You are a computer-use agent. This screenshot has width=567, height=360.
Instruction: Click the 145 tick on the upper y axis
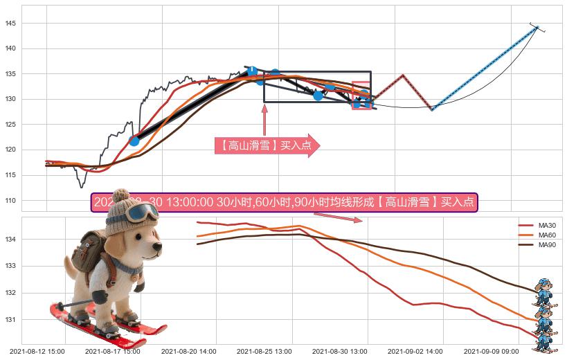pos(12,24)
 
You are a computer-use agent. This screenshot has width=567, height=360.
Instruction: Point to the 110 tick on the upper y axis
pos(12,200)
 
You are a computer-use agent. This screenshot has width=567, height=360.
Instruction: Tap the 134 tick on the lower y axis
pos(12,240)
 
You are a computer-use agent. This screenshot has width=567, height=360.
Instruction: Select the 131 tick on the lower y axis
pos(12,320)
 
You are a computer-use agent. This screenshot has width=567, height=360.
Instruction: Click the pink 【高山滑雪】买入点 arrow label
pos(267,145)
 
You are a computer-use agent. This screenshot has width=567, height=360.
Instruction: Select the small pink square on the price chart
pos(361,96)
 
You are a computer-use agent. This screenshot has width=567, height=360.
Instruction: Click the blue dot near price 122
pos(134,141)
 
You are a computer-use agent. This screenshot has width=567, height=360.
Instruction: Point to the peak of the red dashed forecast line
pos(403,75)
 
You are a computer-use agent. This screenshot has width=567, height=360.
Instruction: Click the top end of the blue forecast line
pos(537,28)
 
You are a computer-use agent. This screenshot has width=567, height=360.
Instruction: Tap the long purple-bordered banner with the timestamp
pos(284,203)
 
